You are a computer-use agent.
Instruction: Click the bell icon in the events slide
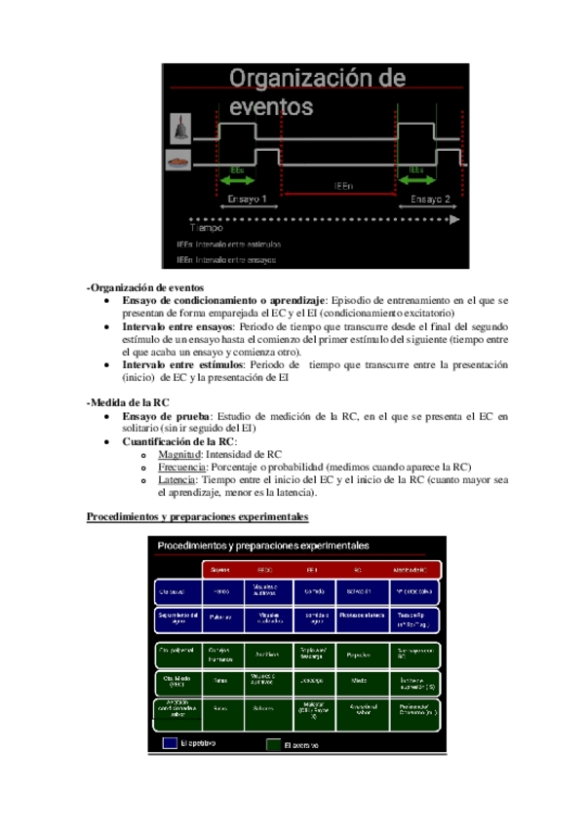[x=179, y=128]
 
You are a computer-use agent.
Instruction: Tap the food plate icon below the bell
[x=178, y=160]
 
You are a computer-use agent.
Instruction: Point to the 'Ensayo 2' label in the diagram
[x=430, y=199]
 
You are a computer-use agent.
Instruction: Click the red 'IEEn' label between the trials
[x=341, y=184]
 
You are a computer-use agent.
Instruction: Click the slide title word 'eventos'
[x=272, y=103]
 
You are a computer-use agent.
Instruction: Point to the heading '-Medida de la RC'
[x=128, y=401]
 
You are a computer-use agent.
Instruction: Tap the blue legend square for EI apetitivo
[x=167, y=743]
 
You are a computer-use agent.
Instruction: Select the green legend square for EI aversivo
[x=273, y=744]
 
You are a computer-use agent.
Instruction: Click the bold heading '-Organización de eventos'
[x=145, y=288]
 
